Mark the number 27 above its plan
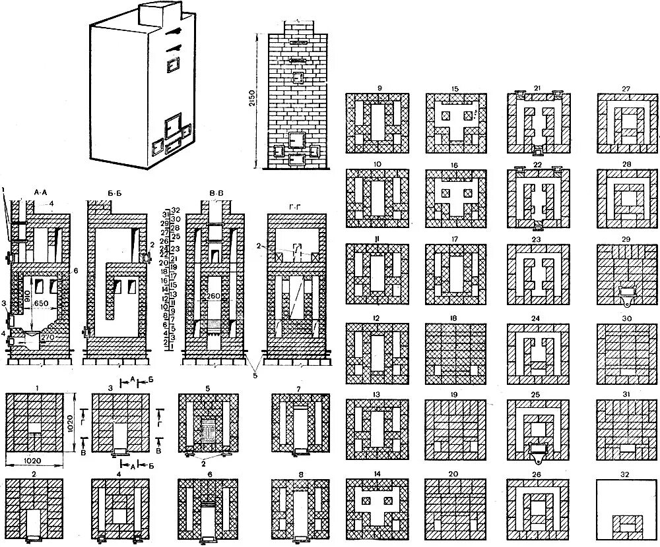626,88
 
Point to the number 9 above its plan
378,88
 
